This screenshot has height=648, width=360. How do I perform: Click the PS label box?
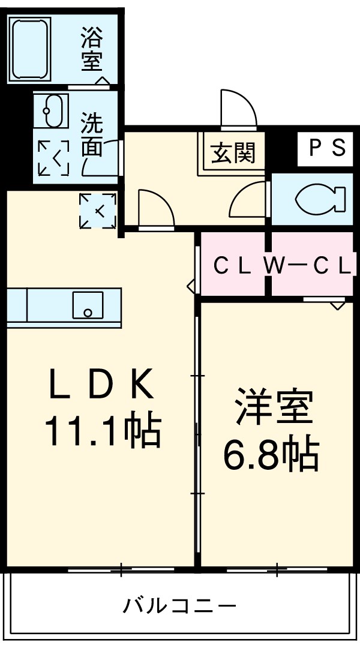pyautogui.click(x=326, y=148)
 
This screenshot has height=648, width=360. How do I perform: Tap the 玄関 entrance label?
pyautogui.click(x=233, y=153)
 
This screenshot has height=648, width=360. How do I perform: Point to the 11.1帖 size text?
pyautogui.click(x=102, y=430)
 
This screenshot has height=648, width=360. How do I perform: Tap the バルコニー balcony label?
pyautogui.click(x=180, y=605)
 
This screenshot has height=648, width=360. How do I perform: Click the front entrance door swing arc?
pyautogui.click(x=238, y=108)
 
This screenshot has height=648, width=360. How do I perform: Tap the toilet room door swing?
pyautogui.click(x=248, y=200)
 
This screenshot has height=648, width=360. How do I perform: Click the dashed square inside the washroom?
pyautogui.click(x=53, y=158)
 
